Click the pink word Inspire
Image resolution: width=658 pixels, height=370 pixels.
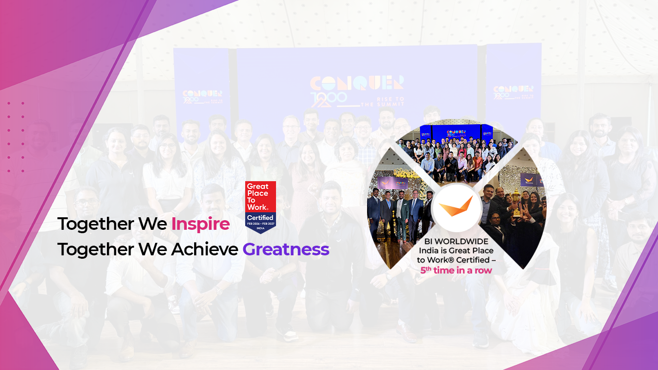point(200,224)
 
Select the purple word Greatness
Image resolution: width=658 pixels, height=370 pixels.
point(286,250)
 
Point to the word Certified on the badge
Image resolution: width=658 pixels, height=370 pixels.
point(261,218)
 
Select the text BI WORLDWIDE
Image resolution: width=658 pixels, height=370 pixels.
point(456,241)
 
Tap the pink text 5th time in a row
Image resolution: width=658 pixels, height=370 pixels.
point(456,270)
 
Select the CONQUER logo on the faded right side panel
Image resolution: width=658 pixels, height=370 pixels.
point(513,90)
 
